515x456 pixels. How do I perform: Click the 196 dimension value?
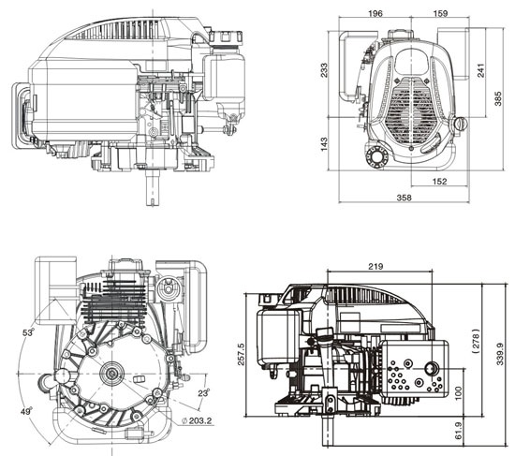tap(375, 14)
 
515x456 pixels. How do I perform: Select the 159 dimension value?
tap(438, 14)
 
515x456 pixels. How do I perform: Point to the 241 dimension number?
tap(481, 70)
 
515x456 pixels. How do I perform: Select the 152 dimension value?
tap(438, 182)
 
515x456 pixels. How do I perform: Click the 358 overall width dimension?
tap(404, 198)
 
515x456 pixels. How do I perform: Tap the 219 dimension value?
tap(375, 266)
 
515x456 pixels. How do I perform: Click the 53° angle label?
tap(29, 332)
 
